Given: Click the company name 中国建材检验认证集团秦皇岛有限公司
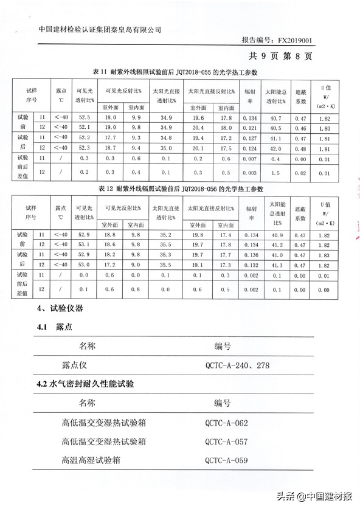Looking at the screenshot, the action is tap(100, 28).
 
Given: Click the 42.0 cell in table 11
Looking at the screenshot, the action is tap(275, 147).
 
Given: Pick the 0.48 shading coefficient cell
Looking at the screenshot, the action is tap(299, 147).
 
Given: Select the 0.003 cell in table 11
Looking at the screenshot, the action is tap(248, 172).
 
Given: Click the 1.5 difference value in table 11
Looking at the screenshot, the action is tap(275, 172).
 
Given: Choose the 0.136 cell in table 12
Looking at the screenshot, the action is tap(248, 254).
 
